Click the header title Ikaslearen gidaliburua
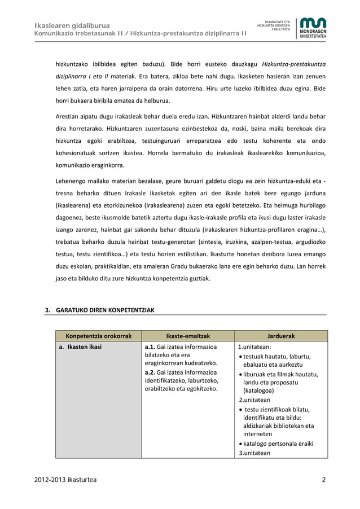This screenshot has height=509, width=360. (x=72, y=25)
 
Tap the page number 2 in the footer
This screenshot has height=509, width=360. (x=324, y=480)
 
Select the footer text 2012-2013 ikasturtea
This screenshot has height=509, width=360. (x=65, y=480)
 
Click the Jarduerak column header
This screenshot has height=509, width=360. (x=280, y=336)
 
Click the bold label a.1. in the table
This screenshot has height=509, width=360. (x=150, y=347)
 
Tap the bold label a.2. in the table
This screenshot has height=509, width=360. (x=150, y=372)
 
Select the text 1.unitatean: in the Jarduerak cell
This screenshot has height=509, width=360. (x=254, y=347)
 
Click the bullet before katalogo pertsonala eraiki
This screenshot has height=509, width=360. (x=241, y=444)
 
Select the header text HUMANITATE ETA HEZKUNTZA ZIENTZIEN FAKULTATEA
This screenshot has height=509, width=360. (x=274, y=25)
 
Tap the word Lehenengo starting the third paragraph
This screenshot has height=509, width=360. (x=71, y=181)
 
